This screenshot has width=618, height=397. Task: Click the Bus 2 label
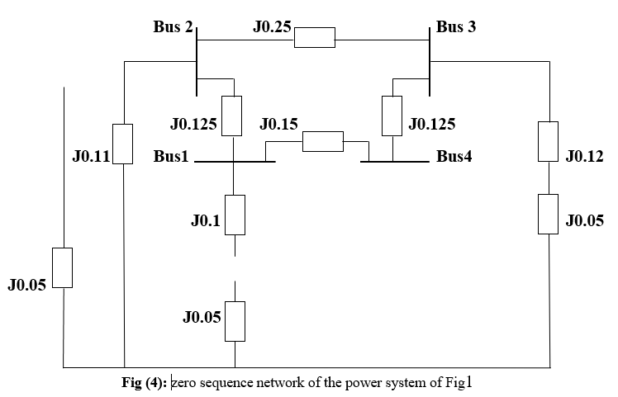click(173, 27)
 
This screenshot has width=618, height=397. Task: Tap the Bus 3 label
click(456, 27)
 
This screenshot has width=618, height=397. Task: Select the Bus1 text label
click(171, 156)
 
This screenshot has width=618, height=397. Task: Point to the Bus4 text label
click(455, 156)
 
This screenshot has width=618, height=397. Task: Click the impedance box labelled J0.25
click(315, 38)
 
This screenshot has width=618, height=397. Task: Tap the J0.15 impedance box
click(322, 141)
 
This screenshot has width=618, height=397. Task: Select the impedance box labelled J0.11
click(122, 144)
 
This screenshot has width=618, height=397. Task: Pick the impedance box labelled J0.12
click(548, 141)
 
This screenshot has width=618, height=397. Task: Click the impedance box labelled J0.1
click(235, 215)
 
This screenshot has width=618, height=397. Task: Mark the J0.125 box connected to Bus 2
click(232, 116)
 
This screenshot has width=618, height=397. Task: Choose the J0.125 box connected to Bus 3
click(392, 116)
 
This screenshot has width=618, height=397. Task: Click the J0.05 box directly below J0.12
click(548, 214)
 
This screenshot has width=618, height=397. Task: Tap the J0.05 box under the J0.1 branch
click(235, 321)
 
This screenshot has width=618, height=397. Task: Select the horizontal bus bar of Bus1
click(235, 163)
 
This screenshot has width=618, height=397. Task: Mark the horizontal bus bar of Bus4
click(393, 163)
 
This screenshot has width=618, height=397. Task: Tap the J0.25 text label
click(272, 27)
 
